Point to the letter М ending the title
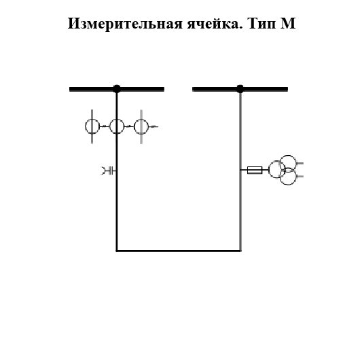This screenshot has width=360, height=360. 288,24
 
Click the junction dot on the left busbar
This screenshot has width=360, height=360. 117,88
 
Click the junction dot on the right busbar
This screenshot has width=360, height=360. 240,88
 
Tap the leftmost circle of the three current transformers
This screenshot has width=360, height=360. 92,126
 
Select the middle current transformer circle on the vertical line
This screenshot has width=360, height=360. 117,126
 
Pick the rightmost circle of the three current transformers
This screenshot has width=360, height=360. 141,126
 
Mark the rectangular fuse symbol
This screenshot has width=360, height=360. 255,170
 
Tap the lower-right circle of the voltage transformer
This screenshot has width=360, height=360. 288,177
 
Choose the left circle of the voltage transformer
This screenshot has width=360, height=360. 276,170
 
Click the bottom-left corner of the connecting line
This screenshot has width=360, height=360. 117,251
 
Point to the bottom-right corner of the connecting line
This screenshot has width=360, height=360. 240,251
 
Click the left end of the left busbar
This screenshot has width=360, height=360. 71,88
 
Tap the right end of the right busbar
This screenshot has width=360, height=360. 286,88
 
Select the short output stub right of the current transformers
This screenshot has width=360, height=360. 154,126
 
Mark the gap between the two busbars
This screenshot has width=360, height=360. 178,88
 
